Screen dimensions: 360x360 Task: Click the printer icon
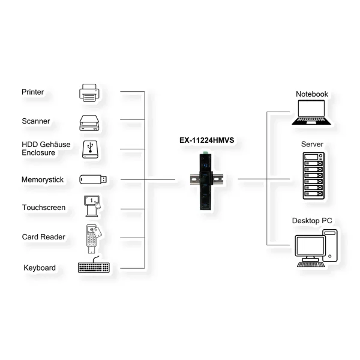(89, 93)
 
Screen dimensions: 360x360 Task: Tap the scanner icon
(89, 123)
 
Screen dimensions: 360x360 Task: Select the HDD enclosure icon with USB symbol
(90, 149)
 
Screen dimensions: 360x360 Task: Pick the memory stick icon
(93, 179)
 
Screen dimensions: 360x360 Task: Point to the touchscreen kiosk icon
(92, 206)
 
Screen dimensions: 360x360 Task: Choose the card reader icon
(94, 239)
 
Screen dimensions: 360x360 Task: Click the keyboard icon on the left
(94, 265)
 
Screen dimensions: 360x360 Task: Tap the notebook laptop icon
(311, 113)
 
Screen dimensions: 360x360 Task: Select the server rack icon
(314, 176)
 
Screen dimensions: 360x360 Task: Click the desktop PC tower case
(331, 245)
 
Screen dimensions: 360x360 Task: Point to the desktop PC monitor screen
(310, 245)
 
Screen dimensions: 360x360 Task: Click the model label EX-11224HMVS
(207, 140)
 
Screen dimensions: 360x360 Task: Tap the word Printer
(32, 92)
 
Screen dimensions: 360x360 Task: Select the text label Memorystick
(43, 179)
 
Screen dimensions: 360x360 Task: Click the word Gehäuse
(56, 145)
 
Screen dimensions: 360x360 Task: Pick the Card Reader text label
(44, 237)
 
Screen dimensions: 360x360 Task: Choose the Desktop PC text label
(312, 221)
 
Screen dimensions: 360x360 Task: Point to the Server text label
(312, 144)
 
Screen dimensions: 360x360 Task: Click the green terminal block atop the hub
(205, 152)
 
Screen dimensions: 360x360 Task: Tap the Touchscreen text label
(44, 208)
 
